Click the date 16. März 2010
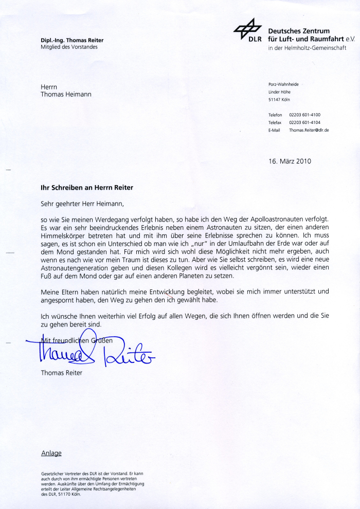tap(290, 161)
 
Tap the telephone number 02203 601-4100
tap(305, 115)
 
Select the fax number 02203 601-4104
tap(305, 122)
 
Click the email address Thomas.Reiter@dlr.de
tap(309, 131)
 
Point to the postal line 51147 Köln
tap(279, 99)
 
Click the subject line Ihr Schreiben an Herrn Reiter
tap(87, 188)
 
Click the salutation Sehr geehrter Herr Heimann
tap(82, 204)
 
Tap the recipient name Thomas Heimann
tap(66, 95)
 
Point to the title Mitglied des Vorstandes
tap(69, 47)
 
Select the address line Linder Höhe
tap(280, 92)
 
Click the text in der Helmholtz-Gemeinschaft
tap(307, 48)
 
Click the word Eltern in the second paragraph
tap(81, 292)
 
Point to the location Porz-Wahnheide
tap(283, 84)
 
